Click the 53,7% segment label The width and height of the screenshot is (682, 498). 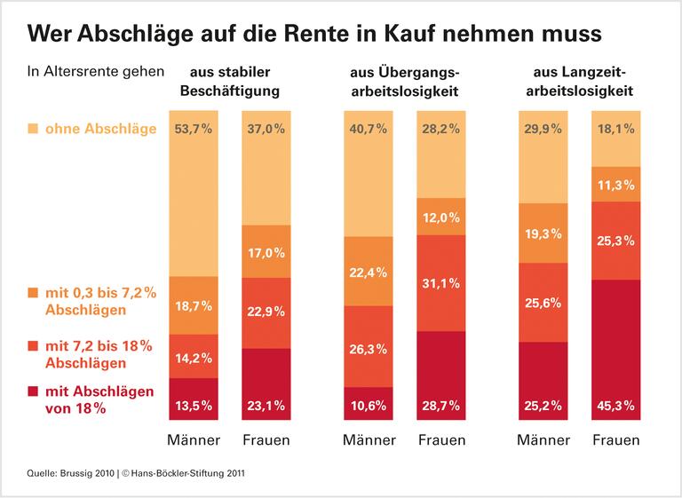(194, 130)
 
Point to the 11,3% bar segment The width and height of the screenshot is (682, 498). (615, 185)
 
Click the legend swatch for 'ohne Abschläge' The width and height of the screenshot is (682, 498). (33, 130)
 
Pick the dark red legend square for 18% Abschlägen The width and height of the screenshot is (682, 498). (33, 391)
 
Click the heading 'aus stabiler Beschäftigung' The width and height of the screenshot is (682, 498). (229, 80)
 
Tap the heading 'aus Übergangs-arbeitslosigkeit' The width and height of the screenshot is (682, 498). (405, 80)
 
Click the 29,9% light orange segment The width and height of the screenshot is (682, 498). (543, 155)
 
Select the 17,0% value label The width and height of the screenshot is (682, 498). (265, 253)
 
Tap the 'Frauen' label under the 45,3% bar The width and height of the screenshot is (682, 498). (615, 440)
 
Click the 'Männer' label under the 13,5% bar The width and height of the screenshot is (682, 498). (194, 440)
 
